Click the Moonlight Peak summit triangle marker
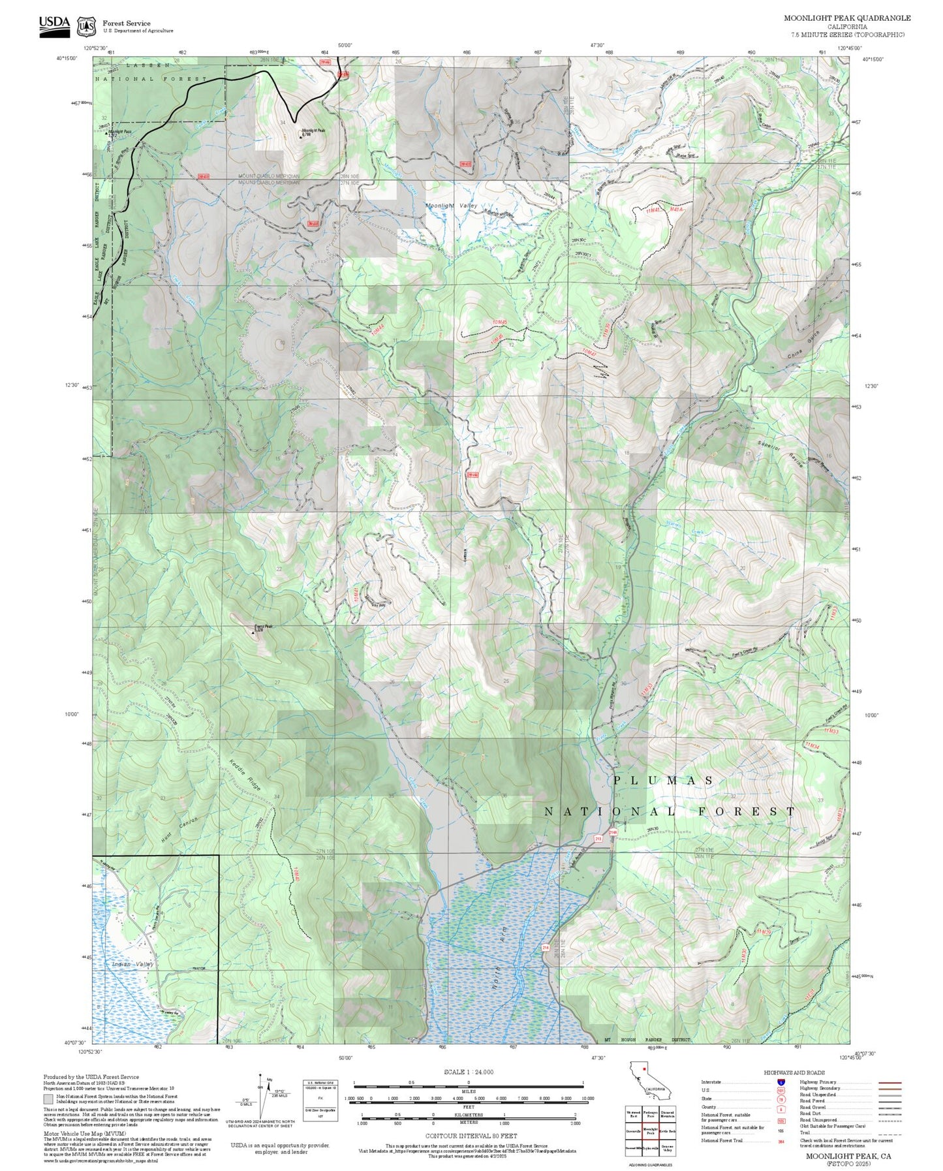(300, 136)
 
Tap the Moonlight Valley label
(451, 206)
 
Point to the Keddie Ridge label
(245, 775)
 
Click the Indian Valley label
(132, 964)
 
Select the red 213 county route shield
(598, 838)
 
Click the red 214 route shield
(546, 947)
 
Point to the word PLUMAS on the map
(664, 781)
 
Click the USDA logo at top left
(54, 25)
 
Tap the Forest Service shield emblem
(86, 26)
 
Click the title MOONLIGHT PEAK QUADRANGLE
(847, 18)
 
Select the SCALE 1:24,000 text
(468, 1072)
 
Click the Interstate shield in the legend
(781, 1082)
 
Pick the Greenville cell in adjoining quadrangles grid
(633, 1131)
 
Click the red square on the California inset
(643, 1069)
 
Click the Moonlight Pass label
(119, 131)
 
